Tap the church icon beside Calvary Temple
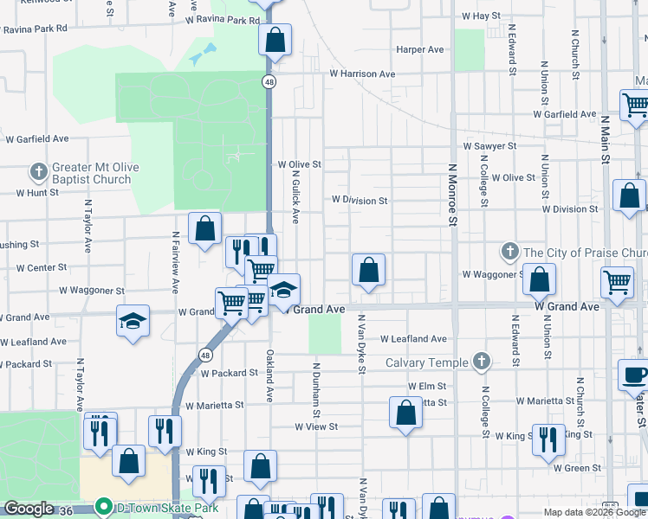tap(482, 362)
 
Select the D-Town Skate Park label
tap(153, 506)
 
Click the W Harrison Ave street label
tap(361, 74)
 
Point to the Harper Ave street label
tap(420, 50)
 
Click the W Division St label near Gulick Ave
tap(360, 200)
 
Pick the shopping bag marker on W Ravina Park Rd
tap(275, 39)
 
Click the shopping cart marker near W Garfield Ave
tap(635, 106)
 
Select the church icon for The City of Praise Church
tap(509, 253)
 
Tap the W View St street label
tap(315, 426)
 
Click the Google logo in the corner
tap(29, 509)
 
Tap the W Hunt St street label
tap(30, 192)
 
